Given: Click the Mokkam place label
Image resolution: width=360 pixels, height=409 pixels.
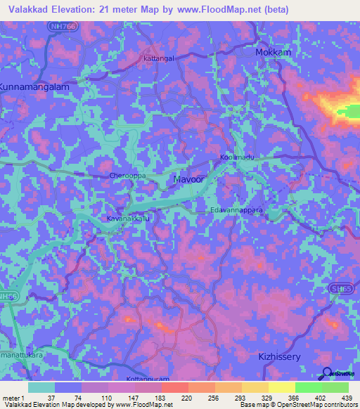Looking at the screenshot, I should pos(274,53).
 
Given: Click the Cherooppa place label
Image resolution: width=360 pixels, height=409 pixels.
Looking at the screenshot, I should pos(127,175).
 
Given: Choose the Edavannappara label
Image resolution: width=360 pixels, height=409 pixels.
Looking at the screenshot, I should pos(237,210).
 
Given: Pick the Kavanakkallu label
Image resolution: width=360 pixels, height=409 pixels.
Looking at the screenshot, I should pos(129,219).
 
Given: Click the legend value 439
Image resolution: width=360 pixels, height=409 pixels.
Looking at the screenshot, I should pos(347,397).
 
